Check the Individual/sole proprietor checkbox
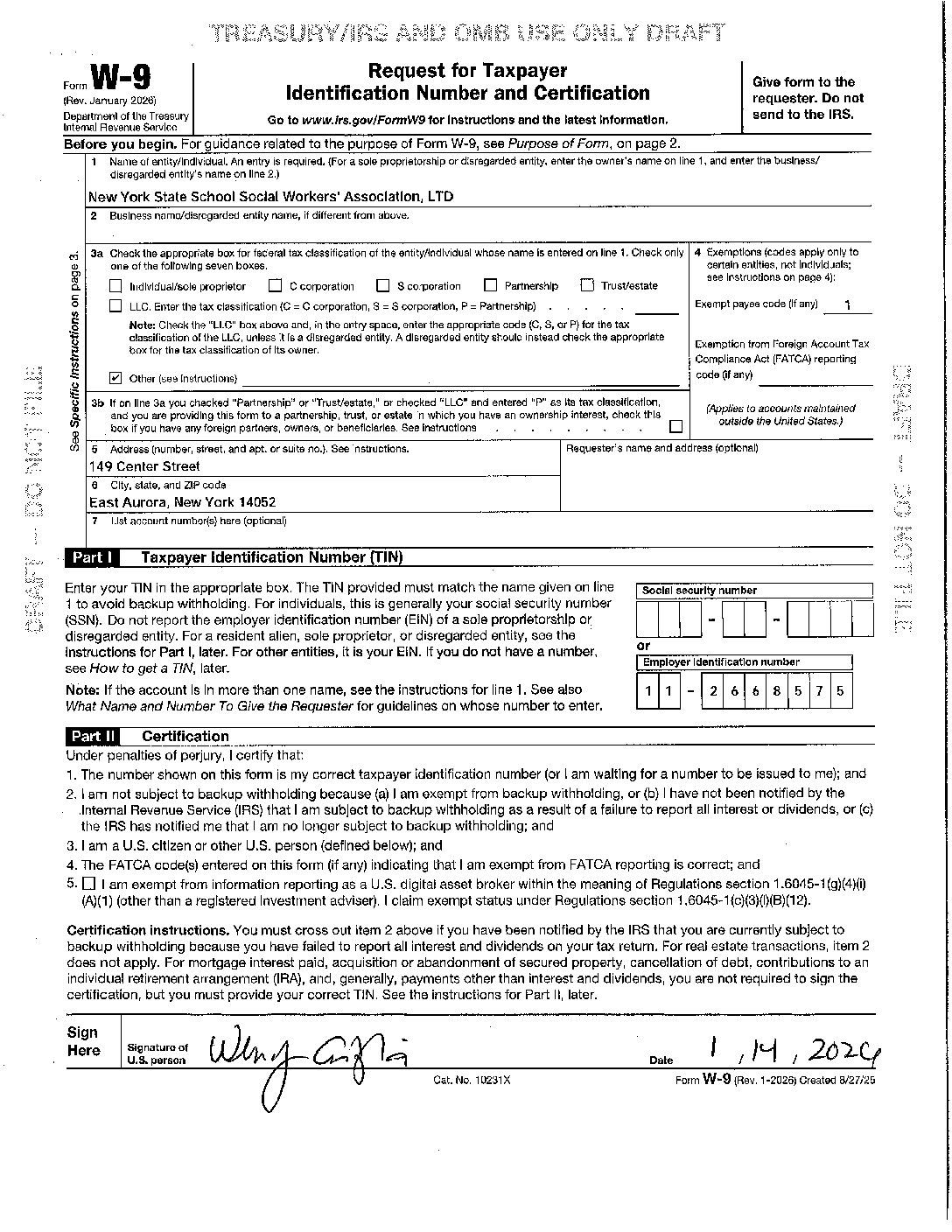tap(115, 286)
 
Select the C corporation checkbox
tap(276, 285)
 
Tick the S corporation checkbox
tap(382, 285)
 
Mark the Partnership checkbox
tap(490, 285)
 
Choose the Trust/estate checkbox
tap(587, 285)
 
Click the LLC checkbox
tap(115, 306)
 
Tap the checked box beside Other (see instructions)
tap(115, 378)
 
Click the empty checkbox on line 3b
tap(675, 427)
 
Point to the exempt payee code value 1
tap(848, 305)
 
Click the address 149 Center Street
tap(144, 466)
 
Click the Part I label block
tap(92, 557)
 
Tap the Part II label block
tap(94, 737)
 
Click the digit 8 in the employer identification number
tap(776, 691)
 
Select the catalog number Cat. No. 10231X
tap(472, 1081)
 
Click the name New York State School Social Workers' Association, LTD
tap(271, 197)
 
